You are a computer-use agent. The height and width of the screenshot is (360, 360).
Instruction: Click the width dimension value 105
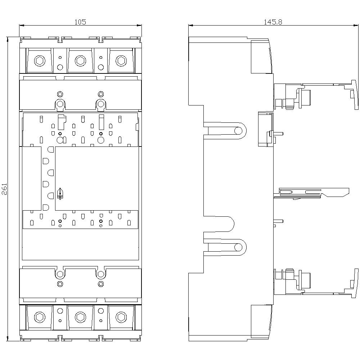point(80,22)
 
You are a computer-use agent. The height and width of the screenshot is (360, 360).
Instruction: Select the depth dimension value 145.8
point(273,22)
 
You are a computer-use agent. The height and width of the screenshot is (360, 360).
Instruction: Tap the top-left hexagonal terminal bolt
point(39,61)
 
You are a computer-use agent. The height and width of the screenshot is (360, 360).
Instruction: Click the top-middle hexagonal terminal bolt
point(80,61)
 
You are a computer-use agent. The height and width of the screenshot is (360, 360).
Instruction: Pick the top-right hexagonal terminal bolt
point(121,61)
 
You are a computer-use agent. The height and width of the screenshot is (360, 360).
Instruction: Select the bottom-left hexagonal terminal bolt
point(39,317)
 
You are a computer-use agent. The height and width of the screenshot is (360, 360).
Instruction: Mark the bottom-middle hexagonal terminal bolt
point(80,317)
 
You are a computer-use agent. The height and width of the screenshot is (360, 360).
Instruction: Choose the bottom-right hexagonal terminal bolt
point(121,317)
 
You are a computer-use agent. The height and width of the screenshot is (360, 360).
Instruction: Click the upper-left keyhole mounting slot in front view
point(60,104)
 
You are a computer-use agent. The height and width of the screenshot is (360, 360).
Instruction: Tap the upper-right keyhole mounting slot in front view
point(101,104)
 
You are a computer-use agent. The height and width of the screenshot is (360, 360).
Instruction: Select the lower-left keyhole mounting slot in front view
point(60,274)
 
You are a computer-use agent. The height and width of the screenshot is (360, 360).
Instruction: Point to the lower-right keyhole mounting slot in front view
point(101,274)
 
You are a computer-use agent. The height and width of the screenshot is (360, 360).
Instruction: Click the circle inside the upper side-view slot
point(238,130)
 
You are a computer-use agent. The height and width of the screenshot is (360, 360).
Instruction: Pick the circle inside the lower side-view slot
point(238,247)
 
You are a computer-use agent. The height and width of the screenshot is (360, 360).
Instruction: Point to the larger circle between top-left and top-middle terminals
point(60,67)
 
